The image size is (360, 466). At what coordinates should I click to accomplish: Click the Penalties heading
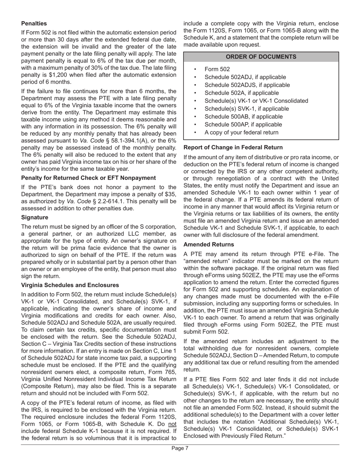[34, 23]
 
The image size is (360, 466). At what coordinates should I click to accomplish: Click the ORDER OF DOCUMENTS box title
[261, 57]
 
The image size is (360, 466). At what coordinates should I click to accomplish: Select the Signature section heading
[34, 217]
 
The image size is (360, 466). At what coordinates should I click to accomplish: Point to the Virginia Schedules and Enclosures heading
[70, 285]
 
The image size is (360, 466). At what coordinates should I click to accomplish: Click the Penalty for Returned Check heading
[88, 178]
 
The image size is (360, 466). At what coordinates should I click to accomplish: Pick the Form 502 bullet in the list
[217, 69]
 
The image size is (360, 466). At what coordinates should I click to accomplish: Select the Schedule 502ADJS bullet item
[247, 85]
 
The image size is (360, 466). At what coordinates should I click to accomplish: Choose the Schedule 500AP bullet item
[243, 124]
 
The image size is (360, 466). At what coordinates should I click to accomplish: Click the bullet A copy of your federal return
[241, 132]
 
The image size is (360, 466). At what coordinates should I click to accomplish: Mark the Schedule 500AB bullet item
[243, 116]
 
